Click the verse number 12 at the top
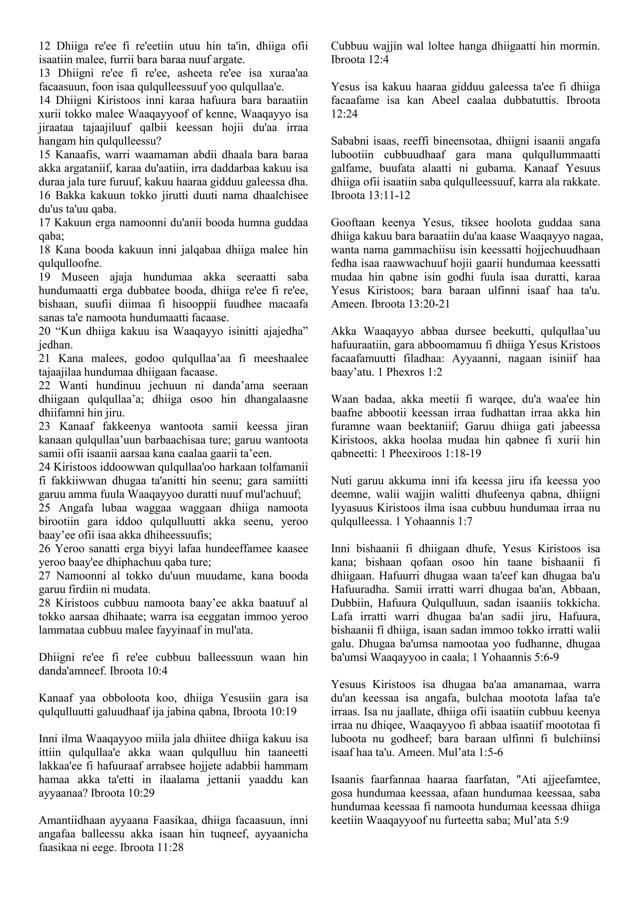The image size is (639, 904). [45, 47]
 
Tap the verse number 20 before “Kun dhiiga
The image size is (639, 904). [45, 332]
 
